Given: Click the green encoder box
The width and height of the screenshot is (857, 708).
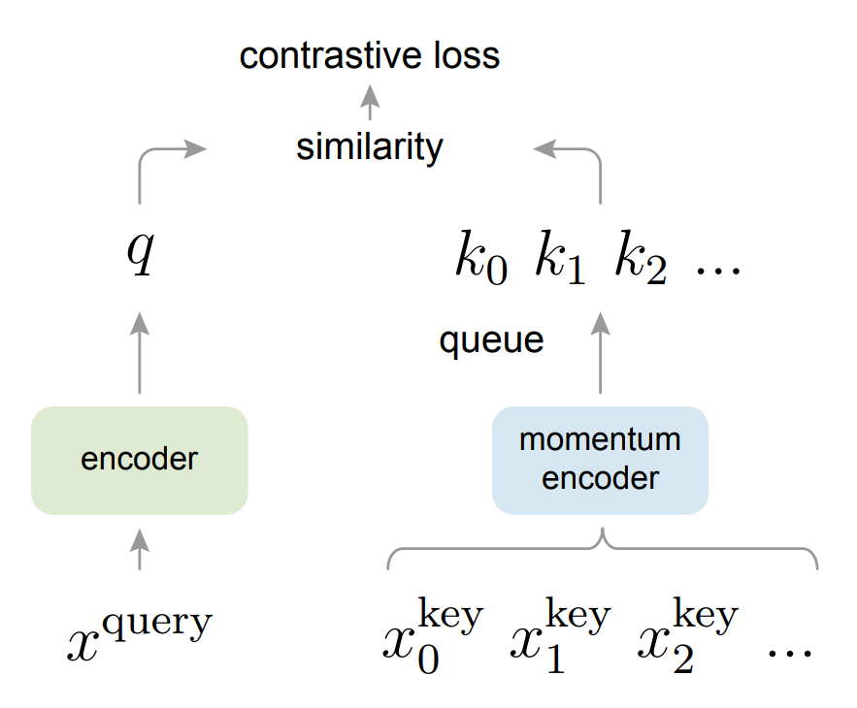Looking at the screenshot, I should [139, 460].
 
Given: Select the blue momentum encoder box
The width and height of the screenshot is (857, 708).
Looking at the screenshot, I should [600, 460].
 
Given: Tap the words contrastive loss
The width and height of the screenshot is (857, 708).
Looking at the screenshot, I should [370, 55].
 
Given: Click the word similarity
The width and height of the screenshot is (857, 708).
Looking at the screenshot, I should [370, 147].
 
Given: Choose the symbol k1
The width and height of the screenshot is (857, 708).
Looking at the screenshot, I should [560, 260].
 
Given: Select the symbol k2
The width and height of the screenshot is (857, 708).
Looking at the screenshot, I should [640, 260].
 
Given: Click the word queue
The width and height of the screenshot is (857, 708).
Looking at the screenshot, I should [491, 340].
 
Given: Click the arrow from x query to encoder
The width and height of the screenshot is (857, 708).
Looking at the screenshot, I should [140, 549].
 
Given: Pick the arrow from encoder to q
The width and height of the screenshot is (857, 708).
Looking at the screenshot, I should [140, 353].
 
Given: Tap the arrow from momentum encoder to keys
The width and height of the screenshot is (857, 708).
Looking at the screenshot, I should [600, 353].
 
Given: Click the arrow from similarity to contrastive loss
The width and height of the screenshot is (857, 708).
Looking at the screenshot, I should [370, 101].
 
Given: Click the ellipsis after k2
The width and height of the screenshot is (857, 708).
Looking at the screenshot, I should [718, 267].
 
